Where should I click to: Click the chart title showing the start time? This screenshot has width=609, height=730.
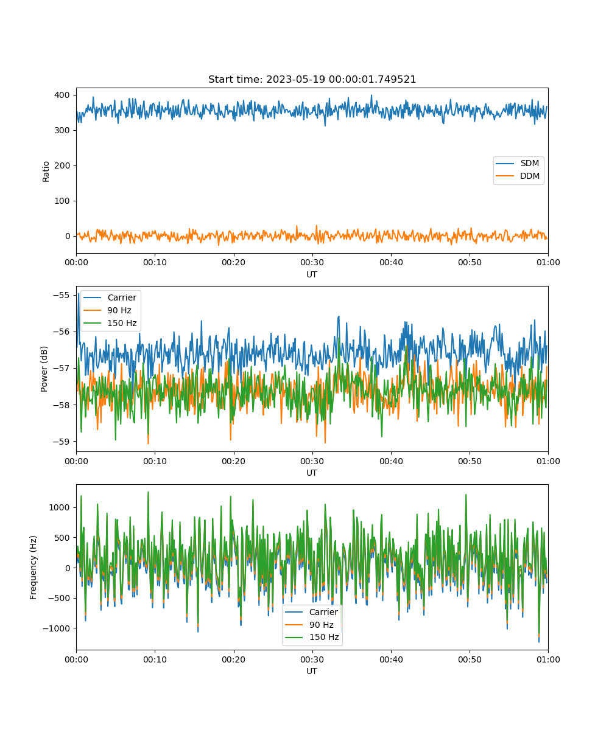[312, 79]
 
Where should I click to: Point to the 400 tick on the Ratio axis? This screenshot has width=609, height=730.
[62, 95]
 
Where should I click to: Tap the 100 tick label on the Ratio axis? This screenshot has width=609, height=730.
[62, 201]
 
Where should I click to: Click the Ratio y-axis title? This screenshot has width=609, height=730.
[46, 172]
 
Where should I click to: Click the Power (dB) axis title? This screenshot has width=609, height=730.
[44, 369]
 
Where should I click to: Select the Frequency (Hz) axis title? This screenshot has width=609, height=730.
[33, 568]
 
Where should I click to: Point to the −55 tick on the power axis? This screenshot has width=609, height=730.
[62, 296]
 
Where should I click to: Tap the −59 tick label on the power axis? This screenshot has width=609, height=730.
[62, 442]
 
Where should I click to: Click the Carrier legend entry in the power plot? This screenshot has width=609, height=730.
[110, 297]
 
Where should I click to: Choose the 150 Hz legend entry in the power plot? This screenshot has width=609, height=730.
[110, 323]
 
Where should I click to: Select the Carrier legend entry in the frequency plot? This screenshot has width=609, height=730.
[311, 612]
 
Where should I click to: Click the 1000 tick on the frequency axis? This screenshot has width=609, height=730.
[59, 507]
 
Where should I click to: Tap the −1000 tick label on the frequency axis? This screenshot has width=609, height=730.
[57, 628]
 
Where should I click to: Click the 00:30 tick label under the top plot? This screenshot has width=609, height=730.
[312, 263]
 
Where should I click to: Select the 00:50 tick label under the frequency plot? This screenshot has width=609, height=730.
[470, 659]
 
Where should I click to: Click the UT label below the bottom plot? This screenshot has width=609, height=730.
[312, 671]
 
